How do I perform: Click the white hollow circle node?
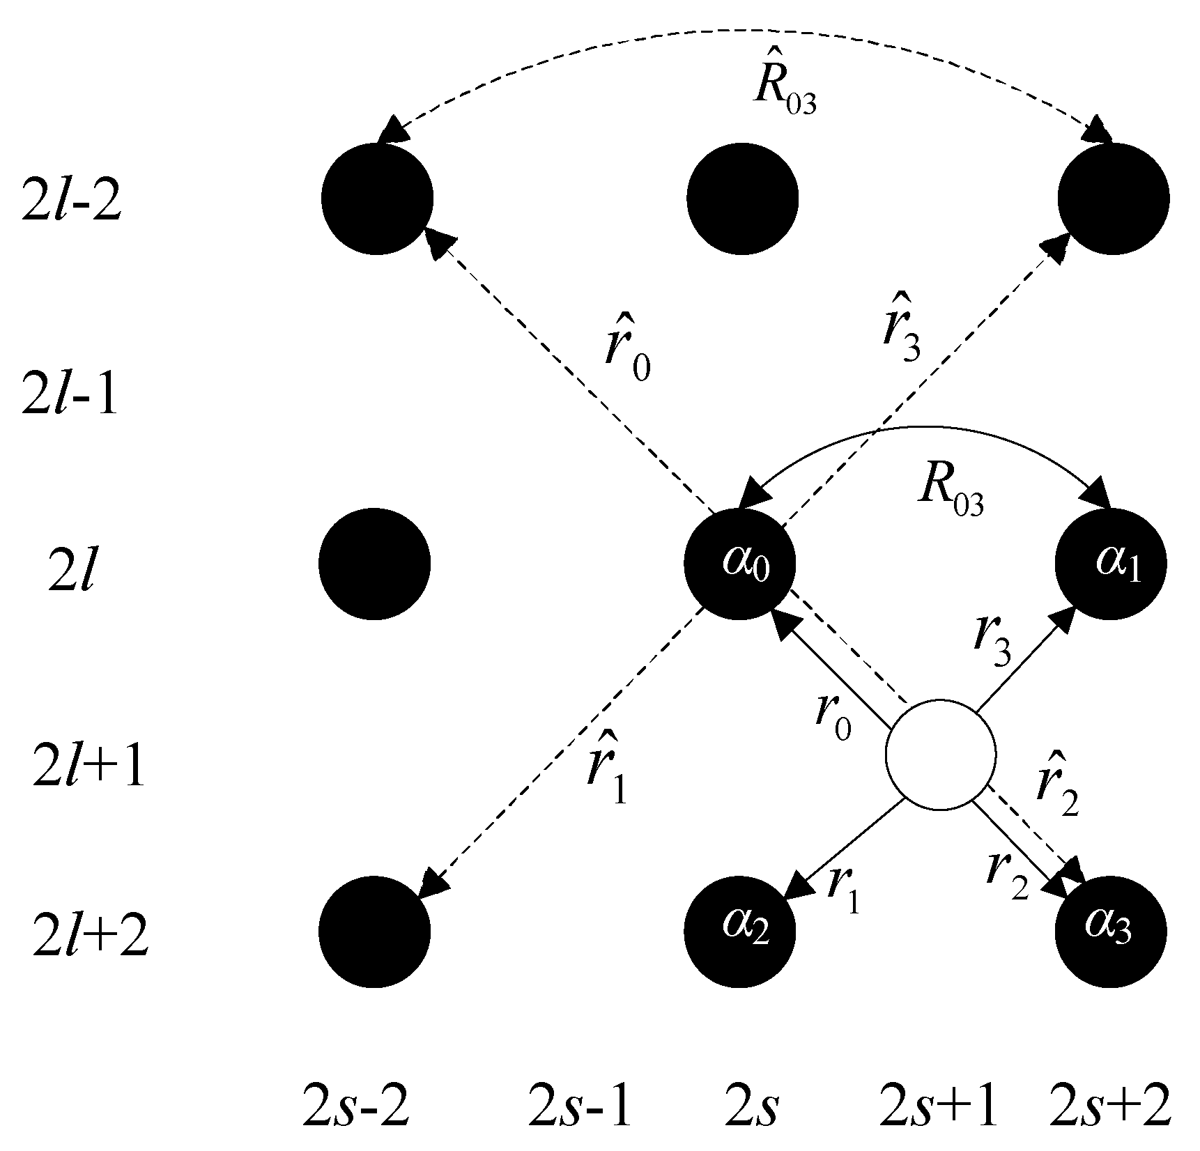(940, 755)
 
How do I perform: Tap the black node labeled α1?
(1111, 562)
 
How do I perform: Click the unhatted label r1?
(843, 889)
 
